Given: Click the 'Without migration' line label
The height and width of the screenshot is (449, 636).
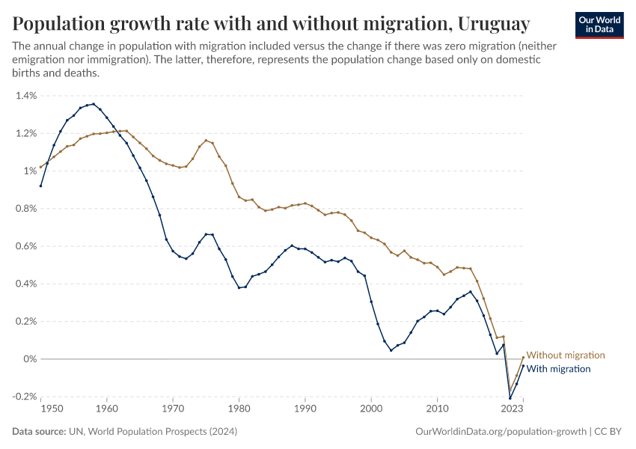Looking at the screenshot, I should click(565, 355).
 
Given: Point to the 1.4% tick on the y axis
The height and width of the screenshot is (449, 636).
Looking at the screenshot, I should click(25, 96).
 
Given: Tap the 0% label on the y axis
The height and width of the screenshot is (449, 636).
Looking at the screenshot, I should click(30, 359).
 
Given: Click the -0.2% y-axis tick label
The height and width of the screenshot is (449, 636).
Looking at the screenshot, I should click(24, 397).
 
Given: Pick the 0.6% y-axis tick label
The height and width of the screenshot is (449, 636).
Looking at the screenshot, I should click(25, 246).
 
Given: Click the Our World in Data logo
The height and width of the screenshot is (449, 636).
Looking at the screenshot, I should click(599, 25).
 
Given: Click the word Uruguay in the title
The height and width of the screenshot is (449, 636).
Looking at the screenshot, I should click(494, 25).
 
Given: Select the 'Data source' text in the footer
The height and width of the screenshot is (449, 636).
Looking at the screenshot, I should click(38, 432).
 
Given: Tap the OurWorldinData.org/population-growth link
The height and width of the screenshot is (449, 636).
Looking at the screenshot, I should click(500, 432).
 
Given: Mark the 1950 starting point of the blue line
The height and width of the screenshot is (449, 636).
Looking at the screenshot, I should click(41, 186).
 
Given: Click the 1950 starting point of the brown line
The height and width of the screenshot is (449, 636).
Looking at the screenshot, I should click(41, 168).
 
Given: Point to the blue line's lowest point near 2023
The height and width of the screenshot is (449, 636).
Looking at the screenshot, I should click(510, 397).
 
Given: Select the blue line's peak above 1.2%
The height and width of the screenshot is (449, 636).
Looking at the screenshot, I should click(93, 104).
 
